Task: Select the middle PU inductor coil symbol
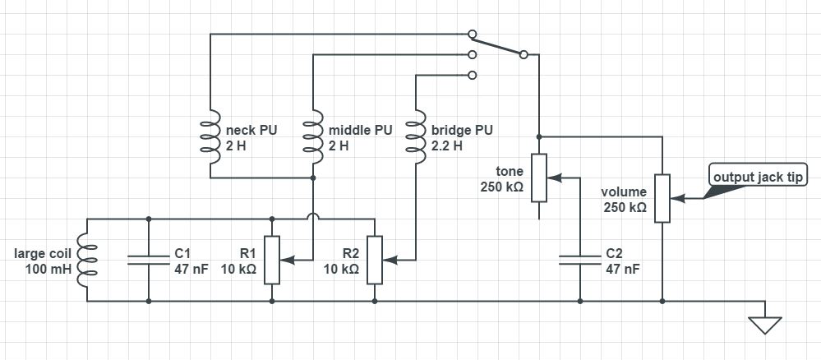[x=313, y=136]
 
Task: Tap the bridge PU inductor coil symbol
[x=416, y=136]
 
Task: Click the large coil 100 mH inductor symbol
[x=86, y=260]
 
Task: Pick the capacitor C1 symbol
[x=148, y=260]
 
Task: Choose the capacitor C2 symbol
[x=580, y=260]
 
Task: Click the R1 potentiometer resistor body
[x=272, y=260]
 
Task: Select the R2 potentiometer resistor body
[x=375, y=260]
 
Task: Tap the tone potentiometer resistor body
[x=539, y=178]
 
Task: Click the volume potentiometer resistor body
[x=662, y=198]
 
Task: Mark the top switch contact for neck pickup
[x=472, y=35]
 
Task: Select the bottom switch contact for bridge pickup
[x=472, y=75]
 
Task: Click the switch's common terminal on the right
[x=523, y=55]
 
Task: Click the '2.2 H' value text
[x=447, y=145]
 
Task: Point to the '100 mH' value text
[x=47, y=269]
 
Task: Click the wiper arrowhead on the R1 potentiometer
[x=285, y=260]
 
